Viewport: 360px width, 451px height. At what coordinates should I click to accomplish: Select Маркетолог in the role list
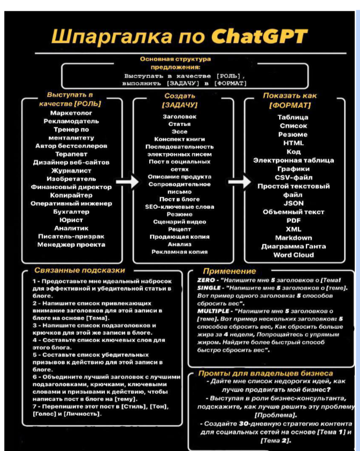click(x=71, y=113)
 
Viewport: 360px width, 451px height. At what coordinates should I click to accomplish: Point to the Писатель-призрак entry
click(x=71, y=236)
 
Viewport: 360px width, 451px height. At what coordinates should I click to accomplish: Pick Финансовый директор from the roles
click(x=71, y=187)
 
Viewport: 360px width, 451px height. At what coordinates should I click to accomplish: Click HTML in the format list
click(x=293, y=143)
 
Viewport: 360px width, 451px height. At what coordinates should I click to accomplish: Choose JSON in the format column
click(x=293, y=203)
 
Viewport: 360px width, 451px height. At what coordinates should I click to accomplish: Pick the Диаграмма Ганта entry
click(x=293, y=246)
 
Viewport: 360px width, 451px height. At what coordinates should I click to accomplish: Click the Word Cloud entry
click(x=293, y=255)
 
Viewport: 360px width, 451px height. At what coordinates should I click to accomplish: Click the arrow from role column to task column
click(x=127, y=183)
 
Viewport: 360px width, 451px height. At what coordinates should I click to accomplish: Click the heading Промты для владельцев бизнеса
click(x=266, y=372)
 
